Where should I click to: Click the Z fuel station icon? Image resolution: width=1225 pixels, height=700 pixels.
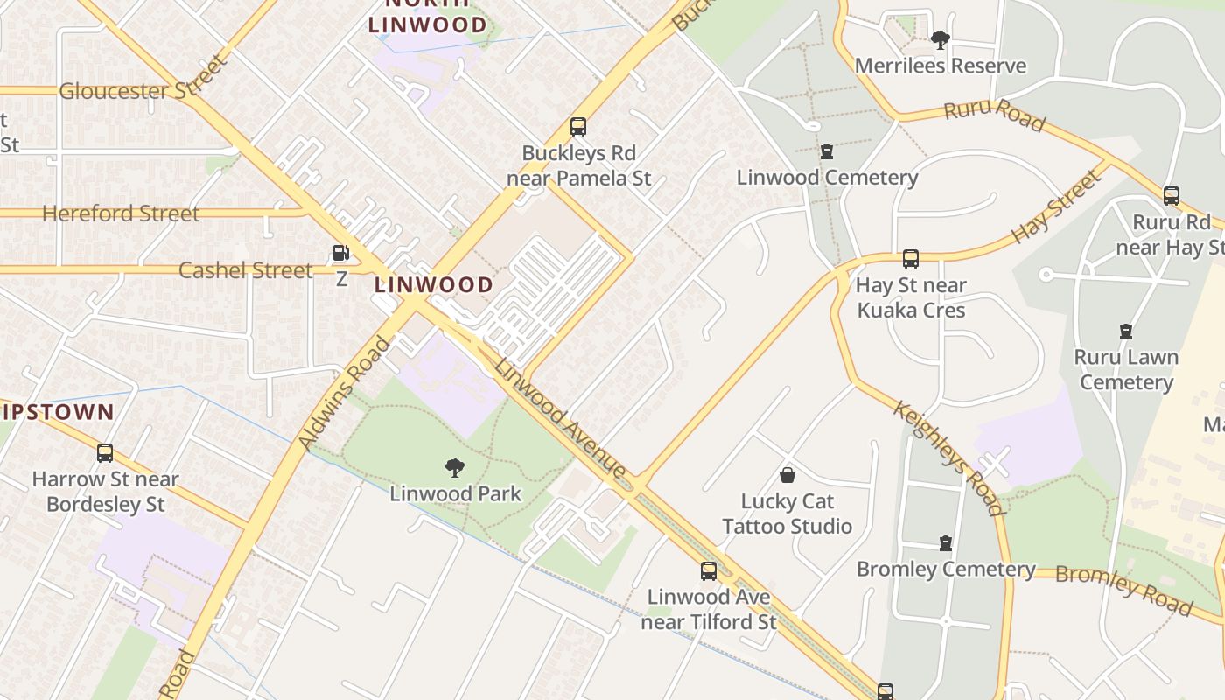(340, 254)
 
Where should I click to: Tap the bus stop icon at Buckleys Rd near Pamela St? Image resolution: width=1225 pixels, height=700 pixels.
(577, 126)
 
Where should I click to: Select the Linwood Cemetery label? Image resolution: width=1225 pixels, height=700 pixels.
(827, 178)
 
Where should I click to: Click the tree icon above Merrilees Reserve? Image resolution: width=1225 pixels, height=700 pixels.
(940, 39)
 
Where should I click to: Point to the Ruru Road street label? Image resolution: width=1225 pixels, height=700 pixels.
(994, 115)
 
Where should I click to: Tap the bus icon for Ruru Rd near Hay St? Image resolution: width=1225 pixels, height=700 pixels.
(1171, 196)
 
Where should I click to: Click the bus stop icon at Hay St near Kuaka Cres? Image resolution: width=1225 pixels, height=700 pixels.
(910, 259)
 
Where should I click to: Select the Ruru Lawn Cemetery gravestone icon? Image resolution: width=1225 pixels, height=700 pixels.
(1126, 332)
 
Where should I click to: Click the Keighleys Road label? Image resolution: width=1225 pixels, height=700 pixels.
(948, 458)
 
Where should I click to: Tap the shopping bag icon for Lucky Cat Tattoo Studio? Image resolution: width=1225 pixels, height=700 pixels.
(787, 475)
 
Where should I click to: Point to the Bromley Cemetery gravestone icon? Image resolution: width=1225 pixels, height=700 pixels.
(945, 543)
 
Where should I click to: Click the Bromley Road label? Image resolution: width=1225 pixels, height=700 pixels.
(1123, 589)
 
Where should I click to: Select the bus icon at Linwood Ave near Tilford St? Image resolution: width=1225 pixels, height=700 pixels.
(708, 571)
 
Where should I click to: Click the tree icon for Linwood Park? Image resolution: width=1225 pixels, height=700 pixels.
(454, 468)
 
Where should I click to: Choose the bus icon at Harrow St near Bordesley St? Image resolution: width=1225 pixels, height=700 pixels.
(105, 453)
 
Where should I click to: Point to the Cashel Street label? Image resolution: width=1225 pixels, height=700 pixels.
(245, 270)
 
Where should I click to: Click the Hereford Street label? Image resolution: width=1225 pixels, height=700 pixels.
(121, 213)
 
